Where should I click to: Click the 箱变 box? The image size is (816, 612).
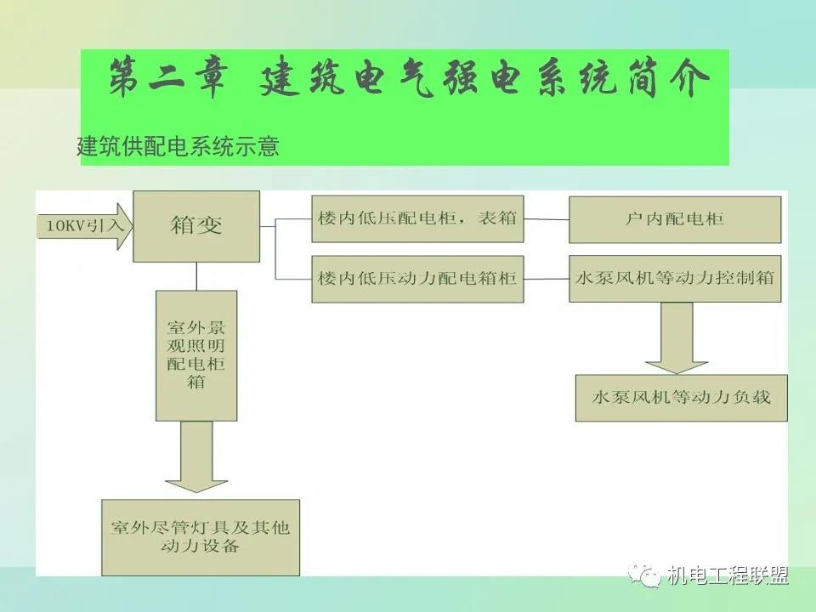click(x=196, y=225)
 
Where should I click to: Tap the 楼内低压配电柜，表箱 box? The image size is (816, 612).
click(x=417, y=218)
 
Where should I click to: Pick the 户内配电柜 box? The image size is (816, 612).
click(x=674, y=219)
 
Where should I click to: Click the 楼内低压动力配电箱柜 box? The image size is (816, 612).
click(x=417, y=278)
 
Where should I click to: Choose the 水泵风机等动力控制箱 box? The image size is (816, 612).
click(x=674, y=278)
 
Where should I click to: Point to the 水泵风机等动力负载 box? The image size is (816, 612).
click(x=680, y=397)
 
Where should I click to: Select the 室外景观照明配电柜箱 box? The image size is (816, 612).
click(x=196, y=355)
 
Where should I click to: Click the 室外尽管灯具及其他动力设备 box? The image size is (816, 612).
click(x=201, y=537)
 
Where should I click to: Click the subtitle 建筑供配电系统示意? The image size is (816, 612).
click(x=178, y=146)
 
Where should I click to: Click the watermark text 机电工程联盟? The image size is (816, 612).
click(x=728, y=575)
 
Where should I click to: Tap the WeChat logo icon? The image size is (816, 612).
click(x=648, y=575)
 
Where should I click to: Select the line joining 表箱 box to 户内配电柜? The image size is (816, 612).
click(x=546, y=218)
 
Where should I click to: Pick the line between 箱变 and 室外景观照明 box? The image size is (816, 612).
click(x=196, y=276)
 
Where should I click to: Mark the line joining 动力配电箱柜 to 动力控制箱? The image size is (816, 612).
click(x=546, y=278)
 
